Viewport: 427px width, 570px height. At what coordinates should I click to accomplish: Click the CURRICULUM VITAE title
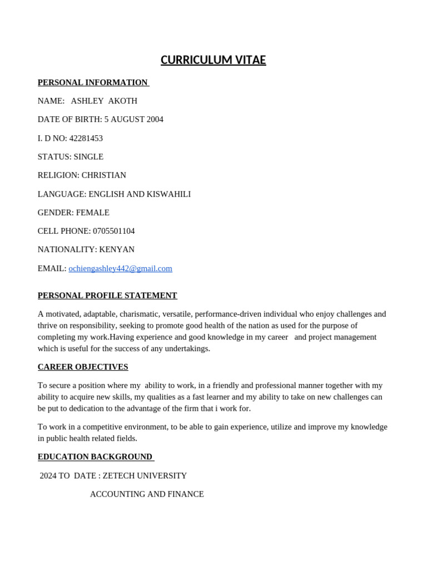(x=213, y=60)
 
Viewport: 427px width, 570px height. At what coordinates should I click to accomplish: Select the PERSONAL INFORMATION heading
(x=92, y=82)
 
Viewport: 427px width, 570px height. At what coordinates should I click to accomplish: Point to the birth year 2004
(x=155, y=119)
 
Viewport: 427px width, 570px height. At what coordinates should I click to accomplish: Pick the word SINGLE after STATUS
(x=88, y=156)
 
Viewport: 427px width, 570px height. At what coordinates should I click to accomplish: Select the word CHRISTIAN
(x=104, y=175)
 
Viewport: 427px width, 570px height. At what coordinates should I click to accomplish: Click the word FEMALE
(x=93, y=212)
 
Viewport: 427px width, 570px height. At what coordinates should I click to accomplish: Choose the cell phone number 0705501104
(x=114, y=231)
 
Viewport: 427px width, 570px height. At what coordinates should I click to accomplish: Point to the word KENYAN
(x=117, y=249)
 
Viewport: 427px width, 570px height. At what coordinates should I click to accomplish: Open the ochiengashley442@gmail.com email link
(x=120, y=268)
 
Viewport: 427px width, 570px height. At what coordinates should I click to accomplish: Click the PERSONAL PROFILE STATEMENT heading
(x=107, y=296)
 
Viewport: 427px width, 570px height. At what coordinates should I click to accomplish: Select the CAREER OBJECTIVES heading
(x=83, y=367)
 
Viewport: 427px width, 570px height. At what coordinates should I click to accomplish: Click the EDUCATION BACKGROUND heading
(x=95, y=457)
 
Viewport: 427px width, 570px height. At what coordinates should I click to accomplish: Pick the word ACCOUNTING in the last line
(x=115, y=494)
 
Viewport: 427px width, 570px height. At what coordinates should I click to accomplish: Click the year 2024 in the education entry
(x=48, y=476)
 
